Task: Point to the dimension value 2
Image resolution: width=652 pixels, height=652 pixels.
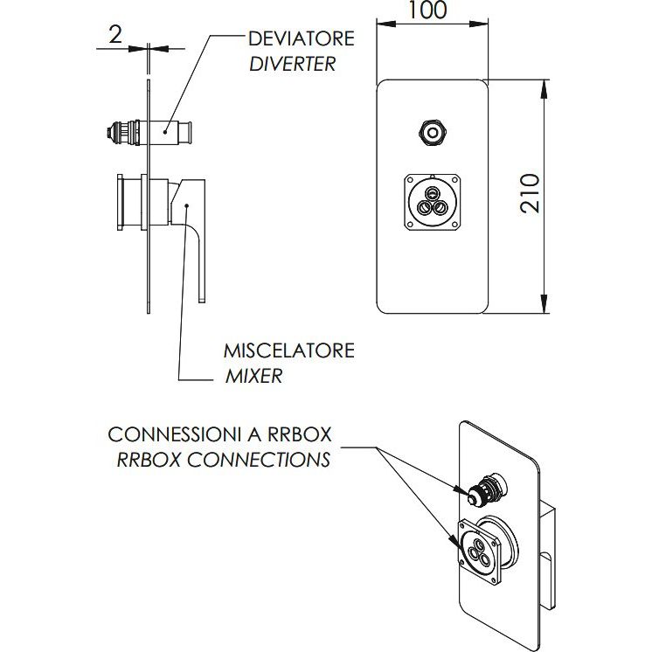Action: point(114,34)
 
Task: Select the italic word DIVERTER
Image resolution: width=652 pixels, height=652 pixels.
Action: point(292,64)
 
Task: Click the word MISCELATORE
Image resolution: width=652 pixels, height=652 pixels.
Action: point(289,351)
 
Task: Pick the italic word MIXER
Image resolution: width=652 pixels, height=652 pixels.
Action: point(253,377)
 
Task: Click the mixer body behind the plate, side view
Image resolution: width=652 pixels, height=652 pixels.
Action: point(130,203)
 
